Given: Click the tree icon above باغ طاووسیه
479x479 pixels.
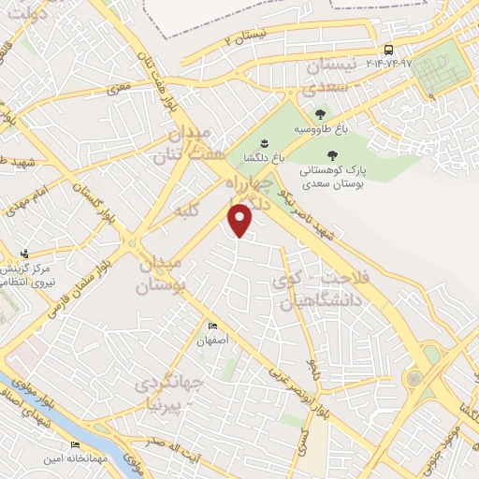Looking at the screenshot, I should (x=320, y=113).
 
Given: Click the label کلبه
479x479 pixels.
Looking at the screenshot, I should (x=187, y=212).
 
